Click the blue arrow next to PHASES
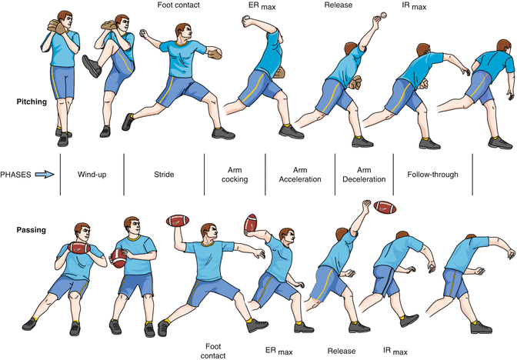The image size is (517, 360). click(45, 175)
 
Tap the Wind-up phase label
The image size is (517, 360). click(92, 175)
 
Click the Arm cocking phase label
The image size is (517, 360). click(234, 175)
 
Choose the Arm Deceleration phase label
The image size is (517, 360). click(362, 175)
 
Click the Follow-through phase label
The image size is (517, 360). click(432, 175)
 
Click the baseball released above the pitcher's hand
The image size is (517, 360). click(382, 15)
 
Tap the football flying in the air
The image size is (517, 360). click(385, 208)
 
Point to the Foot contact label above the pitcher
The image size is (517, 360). click(180, 6)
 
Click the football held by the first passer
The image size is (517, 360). click(79, 248)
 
